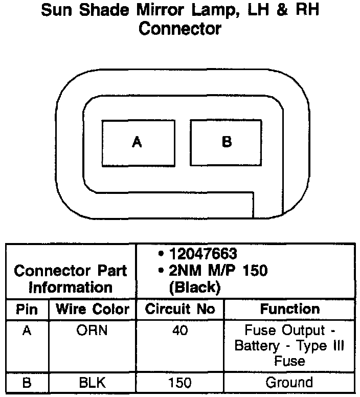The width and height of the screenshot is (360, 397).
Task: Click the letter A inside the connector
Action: (137, 142)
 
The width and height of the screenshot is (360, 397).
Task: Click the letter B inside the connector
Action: (227, 142)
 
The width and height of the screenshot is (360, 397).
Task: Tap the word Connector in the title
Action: (180, 29)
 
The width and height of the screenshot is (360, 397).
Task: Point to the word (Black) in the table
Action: (195, 287)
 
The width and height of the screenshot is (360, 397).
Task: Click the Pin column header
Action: (27, 310)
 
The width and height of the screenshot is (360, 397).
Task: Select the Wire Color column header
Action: (93, 310)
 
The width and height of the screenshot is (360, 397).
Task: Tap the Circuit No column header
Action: (180, 310)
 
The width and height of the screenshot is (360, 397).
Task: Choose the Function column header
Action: (289, 310)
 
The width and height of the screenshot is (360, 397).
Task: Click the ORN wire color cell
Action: (93, 330)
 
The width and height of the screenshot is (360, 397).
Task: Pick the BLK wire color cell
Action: (93, 382)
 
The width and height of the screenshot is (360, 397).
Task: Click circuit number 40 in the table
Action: (180, 330)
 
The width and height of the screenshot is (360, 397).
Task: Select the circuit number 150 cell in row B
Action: (180, 382)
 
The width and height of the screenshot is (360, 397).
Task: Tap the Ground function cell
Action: (289, 382)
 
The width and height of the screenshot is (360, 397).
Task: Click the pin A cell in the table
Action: (27, 330)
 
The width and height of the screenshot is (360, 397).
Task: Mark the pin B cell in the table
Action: (27, 382)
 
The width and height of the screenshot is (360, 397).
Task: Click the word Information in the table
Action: (71, 287)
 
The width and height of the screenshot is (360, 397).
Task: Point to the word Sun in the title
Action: (57, 10)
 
